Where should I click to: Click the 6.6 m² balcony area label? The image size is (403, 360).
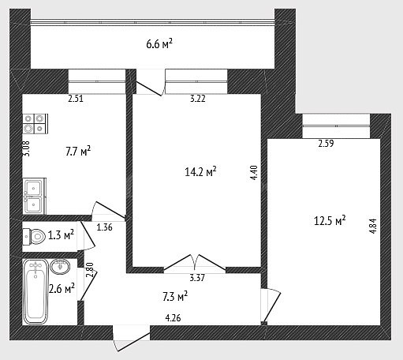[x=159, y=43]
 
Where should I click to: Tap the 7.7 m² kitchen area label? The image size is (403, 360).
[x=78, y=152]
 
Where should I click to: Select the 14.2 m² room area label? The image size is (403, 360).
[x=200, y=172]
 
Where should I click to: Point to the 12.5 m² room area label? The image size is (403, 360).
[x=330, y=220]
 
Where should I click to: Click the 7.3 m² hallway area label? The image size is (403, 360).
[x=175, y=296]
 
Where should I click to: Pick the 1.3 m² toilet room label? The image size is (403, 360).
[x=61, y=235]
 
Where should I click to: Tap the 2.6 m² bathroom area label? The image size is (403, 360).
[x=62, y=289]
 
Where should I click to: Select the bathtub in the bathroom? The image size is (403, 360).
[x=35, y=291]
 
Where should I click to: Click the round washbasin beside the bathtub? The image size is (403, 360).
[x=60, y=266]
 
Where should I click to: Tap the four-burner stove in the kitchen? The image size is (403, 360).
[x=35, y=124]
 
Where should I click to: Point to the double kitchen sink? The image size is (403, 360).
[x=35, y=196]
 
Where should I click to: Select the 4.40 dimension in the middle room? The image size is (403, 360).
[x=254, y=173]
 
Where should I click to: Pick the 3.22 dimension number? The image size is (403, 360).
[x=198, y=99]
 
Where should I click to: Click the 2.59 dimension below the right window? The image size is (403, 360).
[x=326, y=144]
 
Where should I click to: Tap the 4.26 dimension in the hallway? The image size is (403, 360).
[x=173, y=318]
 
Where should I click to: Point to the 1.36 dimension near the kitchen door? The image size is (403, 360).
[x=104, y=227]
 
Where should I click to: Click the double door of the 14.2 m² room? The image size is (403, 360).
[x=195, y=263]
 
